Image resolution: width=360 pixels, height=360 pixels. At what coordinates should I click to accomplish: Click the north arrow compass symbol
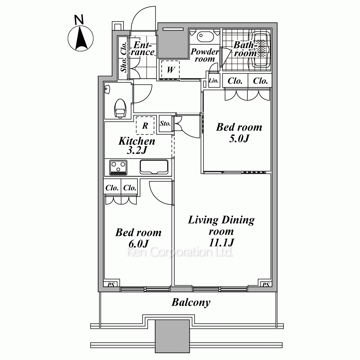click(x=80, y=38)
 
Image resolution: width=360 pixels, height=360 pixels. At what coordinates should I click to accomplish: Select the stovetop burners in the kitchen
click(x=118, y=167)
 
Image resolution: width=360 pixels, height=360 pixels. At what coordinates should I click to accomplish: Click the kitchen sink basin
click(x=154, y=167)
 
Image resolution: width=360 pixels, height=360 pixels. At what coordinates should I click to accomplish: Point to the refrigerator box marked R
click(x=145, y=125)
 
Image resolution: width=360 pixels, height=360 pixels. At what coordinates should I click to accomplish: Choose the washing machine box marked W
click(x=170, y=69)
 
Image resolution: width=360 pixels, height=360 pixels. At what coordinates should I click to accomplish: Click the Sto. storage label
click(x=165, y=123)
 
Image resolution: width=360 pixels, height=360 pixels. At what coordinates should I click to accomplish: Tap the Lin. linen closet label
click(x=213, y=81)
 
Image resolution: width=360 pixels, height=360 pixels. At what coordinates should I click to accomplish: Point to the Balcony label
click(x=191, y=302)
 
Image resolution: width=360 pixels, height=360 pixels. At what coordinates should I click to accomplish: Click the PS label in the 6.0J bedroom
click(x=111, y=285)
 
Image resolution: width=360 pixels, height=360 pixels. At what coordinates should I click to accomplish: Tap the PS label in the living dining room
click(x=266, y=285)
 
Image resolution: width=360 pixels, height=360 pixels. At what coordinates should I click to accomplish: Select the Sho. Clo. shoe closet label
click(x=123, y=57)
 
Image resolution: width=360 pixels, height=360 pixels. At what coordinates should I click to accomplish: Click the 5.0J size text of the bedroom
click(x=239, y=139)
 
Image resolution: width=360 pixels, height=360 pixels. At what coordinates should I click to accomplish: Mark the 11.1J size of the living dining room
click(x=221, y=243)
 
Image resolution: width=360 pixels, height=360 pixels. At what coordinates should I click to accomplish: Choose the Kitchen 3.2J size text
click(x=137, y=150)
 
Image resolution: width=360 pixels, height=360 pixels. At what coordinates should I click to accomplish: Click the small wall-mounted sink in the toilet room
click(x=107, y=89)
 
